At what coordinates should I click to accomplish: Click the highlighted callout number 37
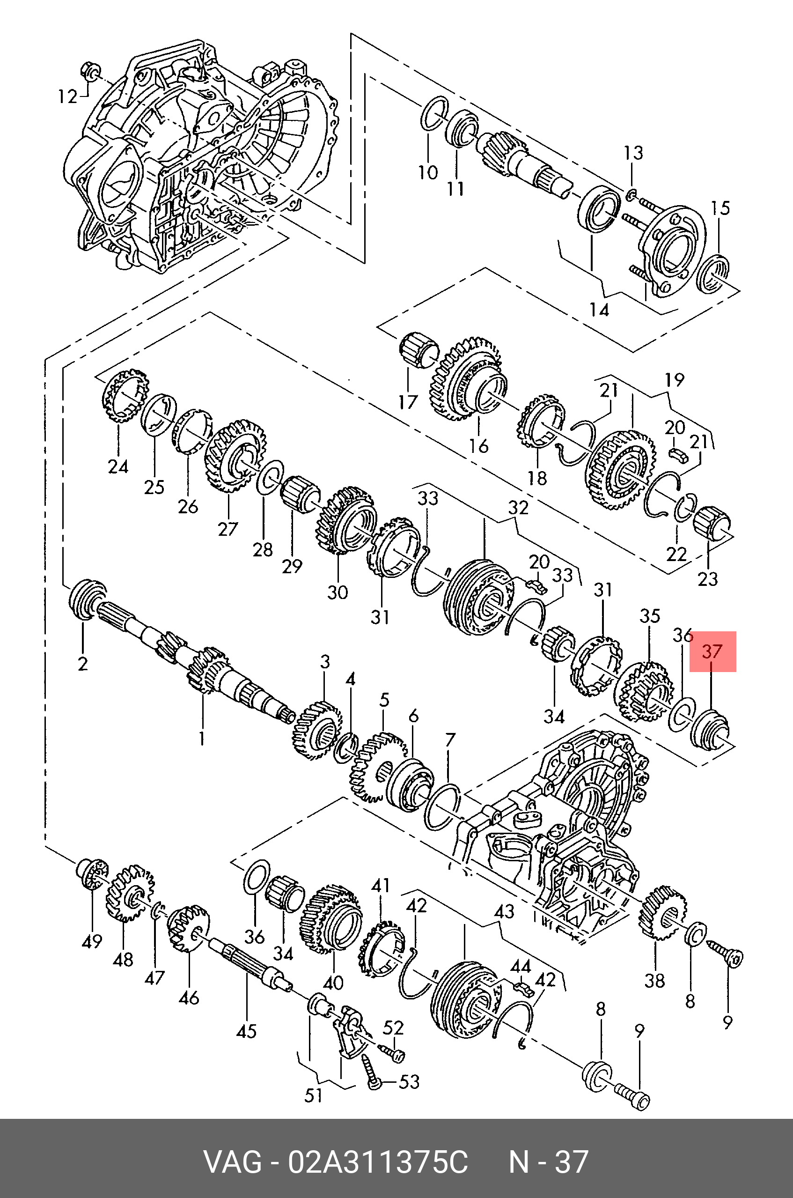tap(712, 651)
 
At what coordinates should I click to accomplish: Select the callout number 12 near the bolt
tap(67, 96)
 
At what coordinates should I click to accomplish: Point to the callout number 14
tap(600, 309)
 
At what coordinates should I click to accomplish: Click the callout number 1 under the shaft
tap(201, 738)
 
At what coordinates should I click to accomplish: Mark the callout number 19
tap(675, 379)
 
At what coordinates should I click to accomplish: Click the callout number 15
tap(721, 208)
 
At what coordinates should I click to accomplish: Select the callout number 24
tap(118, 466)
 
